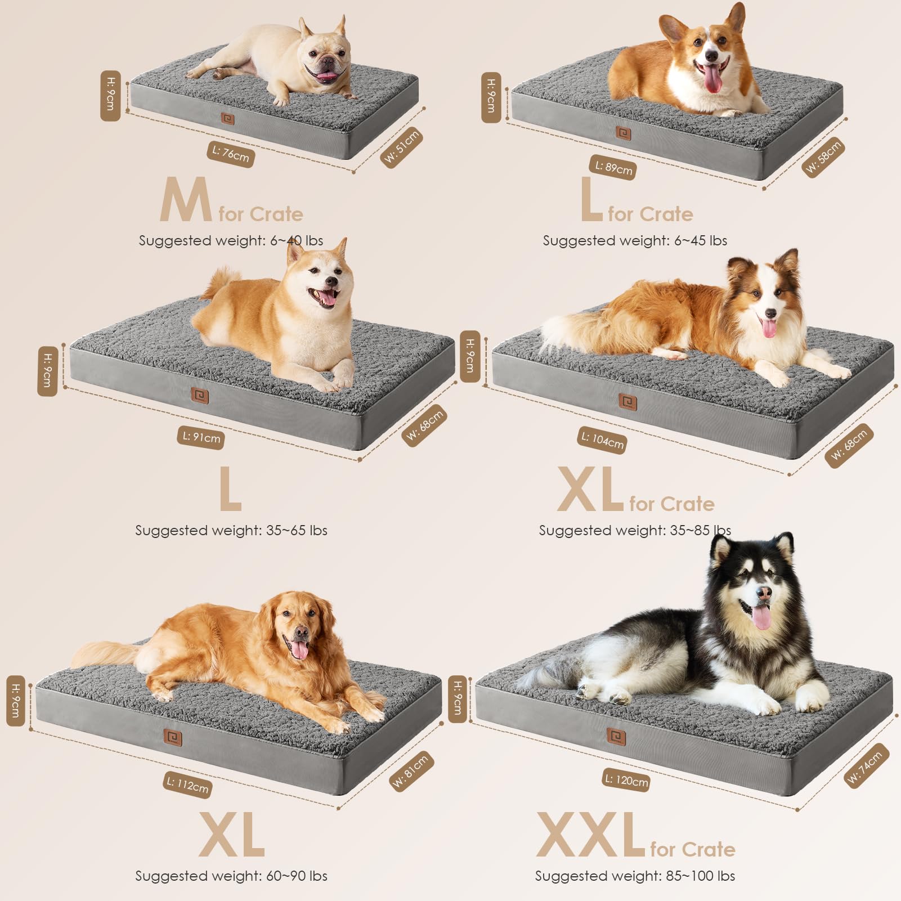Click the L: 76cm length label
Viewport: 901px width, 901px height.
pyautogui.click(x=231, y=154)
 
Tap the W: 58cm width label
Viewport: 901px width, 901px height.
pyautogui.click(x=823, y=157)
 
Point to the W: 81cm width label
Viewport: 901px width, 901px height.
pyautogui.click(x=410, y=771)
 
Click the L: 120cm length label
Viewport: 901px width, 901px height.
pyautogui.click(x=626, y=780)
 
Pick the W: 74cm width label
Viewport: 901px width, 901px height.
pyautogui.click(x=867, y=765)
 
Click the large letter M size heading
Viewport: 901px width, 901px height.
pyautogui.click(x=185, y=200)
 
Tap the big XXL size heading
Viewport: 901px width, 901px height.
pyautogui.click(x=590, y=835)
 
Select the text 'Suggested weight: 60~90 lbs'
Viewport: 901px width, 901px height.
pyautogui.click(x=231, y=876)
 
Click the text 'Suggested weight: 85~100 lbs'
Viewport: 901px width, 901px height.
pyautogui.click(x=635, y=876)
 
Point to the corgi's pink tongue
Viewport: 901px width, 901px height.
pyautogui.click(x=714, y=82)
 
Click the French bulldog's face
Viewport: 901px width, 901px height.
pyautogui.click(x=324, y=63)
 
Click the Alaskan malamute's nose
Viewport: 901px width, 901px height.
pyautogui.click(x=764, y=593)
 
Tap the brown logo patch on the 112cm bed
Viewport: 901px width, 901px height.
pyautogui.click(x=173, y=737)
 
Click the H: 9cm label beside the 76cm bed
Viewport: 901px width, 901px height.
pyautogui.click(x=110, y=96)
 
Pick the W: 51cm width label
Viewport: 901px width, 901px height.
pyautogui.click(x=402, y=146)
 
